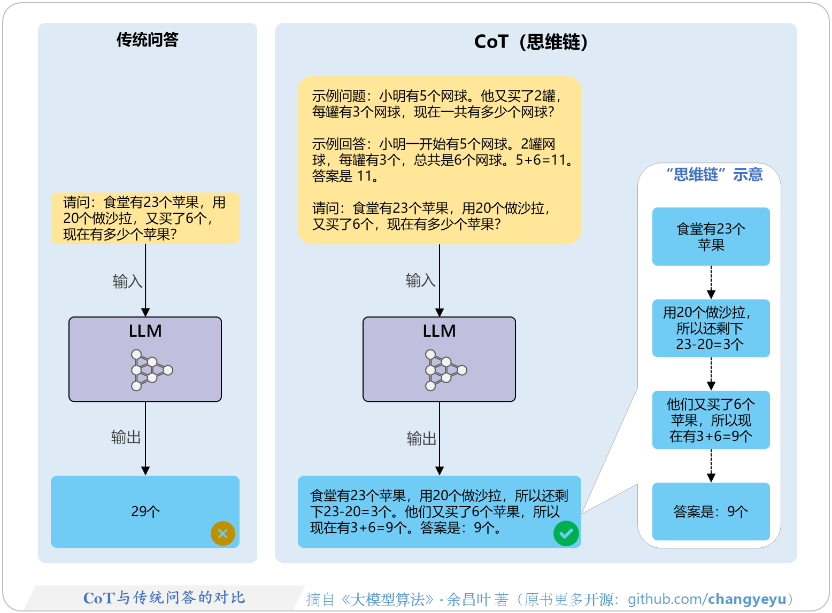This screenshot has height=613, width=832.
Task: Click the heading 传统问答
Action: pos(147,40)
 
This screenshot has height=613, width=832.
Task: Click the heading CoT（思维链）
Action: pos(530,42)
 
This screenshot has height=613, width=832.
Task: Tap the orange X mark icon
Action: pos(223,533)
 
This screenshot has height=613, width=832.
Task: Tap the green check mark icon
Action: pos(566,533)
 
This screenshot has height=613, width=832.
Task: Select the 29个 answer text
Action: pos(145,511)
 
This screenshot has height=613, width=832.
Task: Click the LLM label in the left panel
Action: pos(145,331)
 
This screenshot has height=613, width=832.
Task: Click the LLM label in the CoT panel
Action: pos(439,331)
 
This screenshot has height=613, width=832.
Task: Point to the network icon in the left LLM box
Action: pos(151,370)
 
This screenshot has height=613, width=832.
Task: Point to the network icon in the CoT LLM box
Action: pos(445,370)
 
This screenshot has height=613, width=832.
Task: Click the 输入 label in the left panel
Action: pos(127,281)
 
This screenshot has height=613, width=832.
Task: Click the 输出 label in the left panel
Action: pos(126,437)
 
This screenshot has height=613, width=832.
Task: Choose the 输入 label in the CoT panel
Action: pos(420,280)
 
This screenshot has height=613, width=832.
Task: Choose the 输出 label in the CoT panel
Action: pos(421,439)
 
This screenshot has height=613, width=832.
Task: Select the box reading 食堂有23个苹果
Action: pos(711,237)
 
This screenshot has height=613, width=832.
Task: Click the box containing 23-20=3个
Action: pos(711,328)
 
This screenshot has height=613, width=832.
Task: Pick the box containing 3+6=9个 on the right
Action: pos(711,420)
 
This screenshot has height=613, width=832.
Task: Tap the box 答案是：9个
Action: pos(711,511)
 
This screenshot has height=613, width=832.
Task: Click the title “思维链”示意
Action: pos(714,175)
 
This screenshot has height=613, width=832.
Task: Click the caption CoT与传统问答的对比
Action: pos(164,598)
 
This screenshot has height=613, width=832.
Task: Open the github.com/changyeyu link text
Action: pos(707,599)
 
